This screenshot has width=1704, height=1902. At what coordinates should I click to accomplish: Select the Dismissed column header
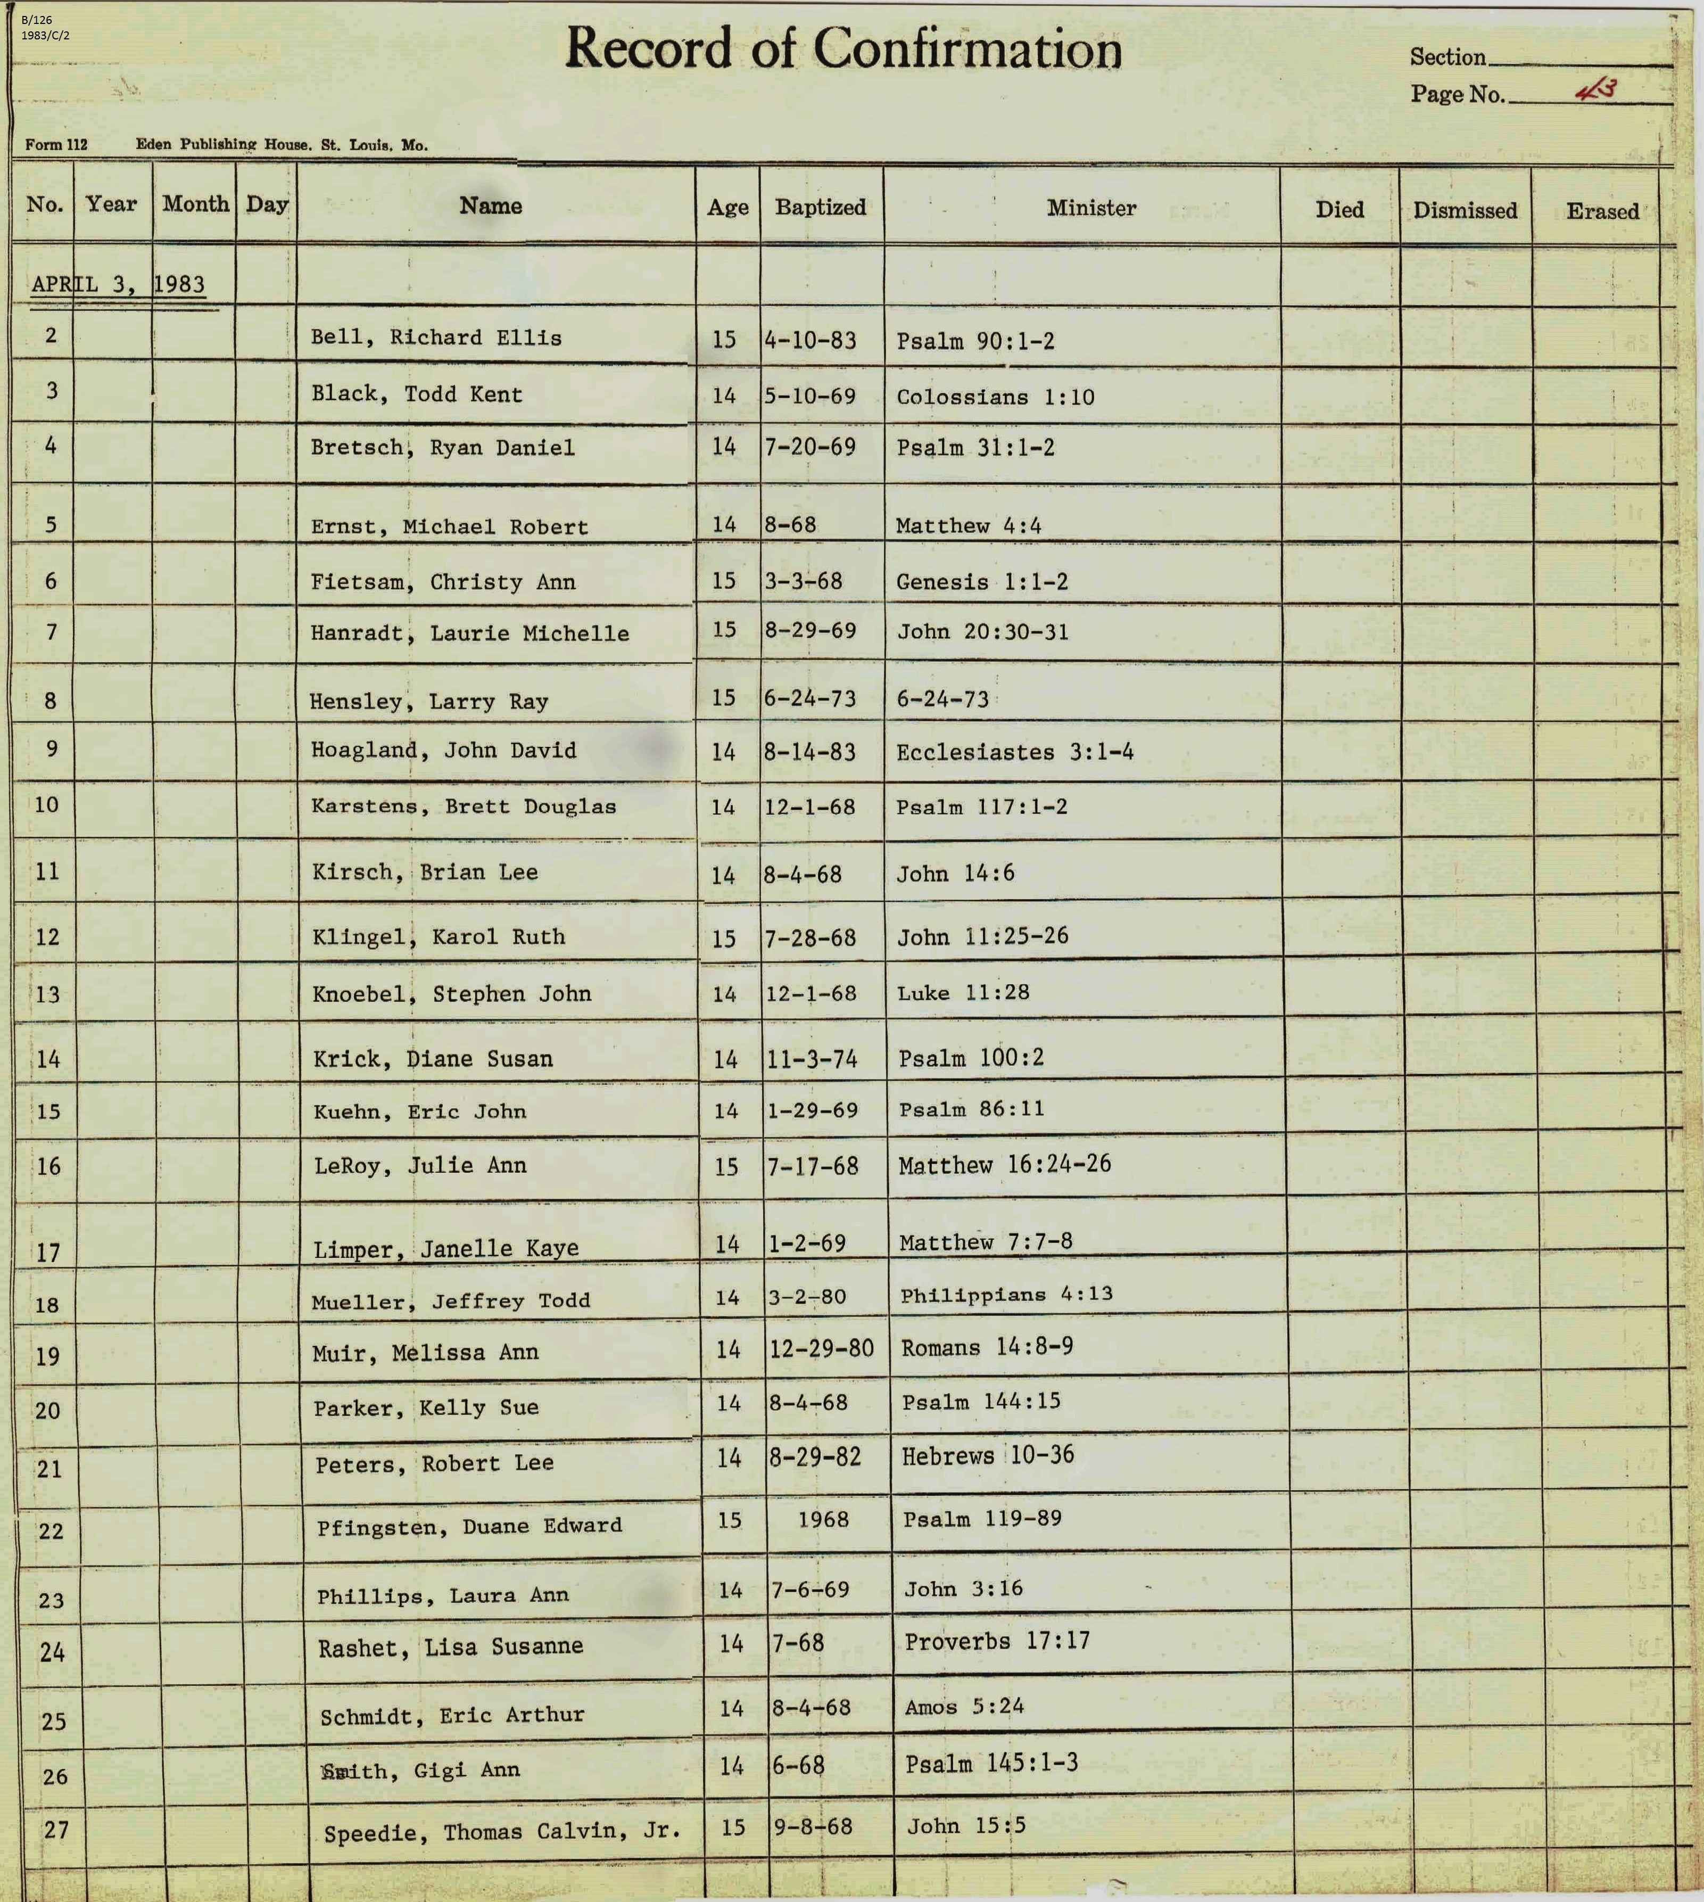click(1465, 211)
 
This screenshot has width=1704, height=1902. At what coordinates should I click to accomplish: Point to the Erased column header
click(1602, 212)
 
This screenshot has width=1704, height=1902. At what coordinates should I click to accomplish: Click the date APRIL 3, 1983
click(118, 284)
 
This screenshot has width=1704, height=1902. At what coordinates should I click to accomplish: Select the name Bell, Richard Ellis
click(436, 338)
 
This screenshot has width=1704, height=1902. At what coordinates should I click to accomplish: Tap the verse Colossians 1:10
click(995, 397)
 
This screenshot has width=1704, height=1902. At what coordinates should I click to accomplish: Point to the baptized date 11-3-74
click(812, 1059)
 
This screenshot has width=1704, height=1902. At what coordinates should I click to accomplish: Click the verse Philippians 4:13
click(1006, 1294)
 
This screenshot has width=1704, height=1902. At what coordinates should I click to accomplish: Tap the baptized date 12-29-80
click(821, 1348)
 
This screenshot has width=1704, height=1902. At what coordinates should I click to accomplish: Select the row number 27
click(56, 1829)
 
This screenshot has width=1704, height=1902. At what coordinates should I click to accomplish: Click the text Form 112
click(56, 144)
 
